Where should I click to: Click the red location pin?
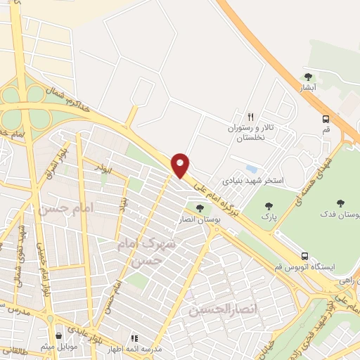181,165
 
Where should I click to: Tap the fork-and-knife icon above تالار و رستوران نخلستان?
249,116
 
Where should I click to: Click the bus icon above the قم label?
326,120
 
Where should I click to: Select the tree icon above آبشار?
307,76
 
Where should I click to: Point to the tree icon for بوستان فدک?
340,203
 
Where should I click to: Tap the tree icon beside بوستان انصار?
200,208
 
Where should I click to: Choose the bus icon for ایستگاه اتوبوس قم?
304,256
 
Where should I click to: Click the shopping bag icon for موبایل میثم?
58,337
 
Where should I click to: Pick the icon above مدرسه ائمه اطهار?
134,337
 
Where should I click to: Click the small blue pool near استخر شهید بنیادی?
251,169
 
